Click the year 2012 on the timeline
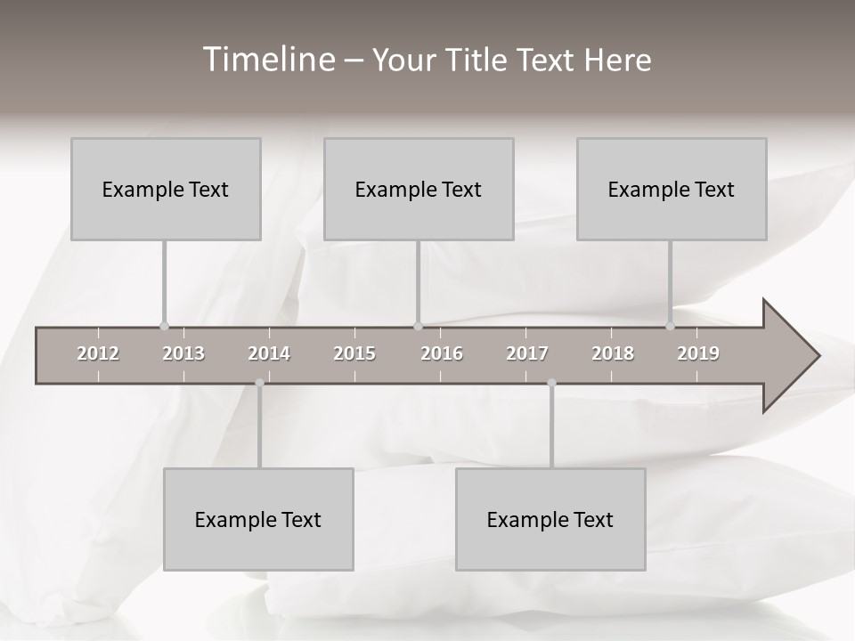click(x=98, y=353)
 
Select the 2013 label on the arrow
click(x=183, y=353)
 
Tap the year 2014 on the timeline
click(x=269, y=353)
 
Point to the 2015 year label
click(x=354, y=353)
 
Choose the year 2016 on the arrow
click(x=442, y=353)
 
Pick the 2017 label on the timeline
click(x=527, y=353)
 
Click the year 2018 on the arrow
click(x=613, y=353)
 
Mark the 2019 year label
click(x=698, y=353)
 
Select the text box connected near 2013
click(x=166, y=189)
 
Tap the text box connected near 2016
click(x=419, y=189)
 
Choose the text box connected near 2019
click(x=672, y=189)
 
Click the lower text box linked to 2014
click(x=258, y=519)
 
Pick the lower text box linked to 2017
click(x=550, y=519)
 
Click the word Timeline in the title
click(x=268, y=60)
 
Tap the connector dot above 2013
click(x=164, y=326)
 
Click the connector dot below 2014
click(x=259, y=383)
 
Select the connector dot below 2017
click(x=551, y=383)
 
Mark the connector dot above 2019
click(x=670, y=326)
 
